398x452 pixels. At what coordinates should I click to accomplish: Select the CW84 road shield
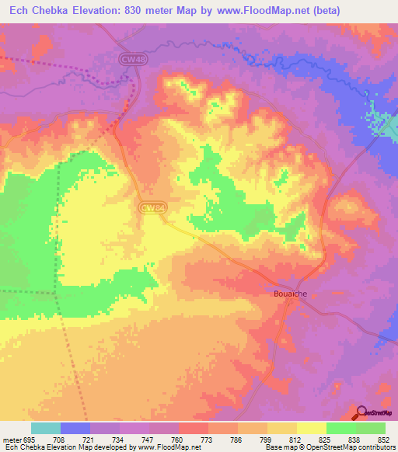152,207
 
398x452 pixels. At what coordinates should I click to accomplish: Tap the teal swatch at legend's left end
46,428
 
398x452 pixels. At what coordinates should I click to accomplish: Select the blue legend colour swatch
75,428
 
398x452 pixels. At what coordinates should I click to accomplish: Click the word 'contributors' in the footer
373,448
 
